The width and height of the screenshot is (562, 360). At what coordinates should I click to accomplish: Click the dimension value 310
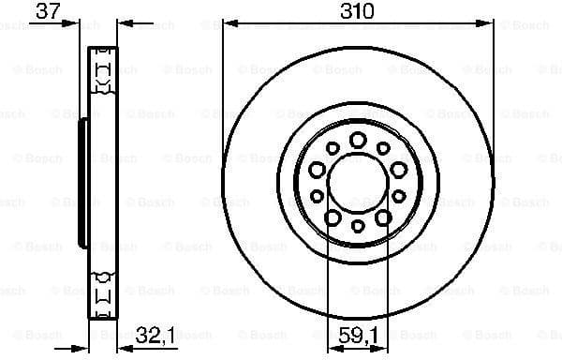[x=358, y=11]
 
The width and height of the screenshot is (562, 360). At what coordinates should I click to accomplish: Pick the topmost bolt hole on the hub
[x=358, y=140]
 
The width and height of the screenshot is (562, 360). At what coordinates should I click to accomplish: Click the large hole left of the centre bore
[x=317, y=170]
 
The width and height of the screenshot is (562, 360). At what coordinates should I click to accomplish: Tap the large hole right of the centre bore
[x=399, y=170]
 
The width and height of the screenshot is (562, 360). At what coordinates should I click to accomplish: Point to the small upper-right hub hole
[x=384, y=148]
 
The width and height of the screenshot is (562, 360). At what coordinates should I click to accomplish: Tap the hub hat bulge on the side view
[x=81, y=178]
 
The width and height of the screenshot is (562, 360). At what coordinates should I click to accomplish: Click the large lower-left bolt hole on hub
[x=333, y=217]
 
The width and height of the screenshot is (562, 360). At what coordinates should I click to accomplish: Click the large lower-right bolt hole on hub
[x=383, y=217]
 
